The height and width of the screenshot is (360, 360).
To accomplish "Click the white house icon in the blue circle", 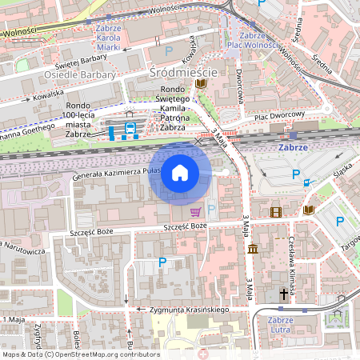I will pyautogui.click(x=180, y=172).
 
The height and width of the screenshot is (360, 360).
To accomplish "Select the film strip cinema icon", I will pyautogui.click(x=276, y=212).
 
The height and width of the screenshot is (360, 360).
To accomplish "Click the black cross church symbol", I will pyautogui.click(x=283, y=295).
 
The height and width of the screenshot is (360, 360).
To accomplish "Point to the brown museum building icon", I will pyautogui.click(x=253, y=250).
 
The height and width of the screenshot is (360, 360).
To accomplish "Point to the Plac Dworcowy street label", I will pyautogui.click(x=280, y=115).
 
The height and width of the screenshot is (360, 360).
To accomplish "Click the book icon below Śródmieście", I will pyautogui.click(x=201, y=83).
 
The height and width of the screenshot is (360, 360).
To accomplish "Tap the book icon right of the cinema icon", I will pyautogui.click(x=309, y=210).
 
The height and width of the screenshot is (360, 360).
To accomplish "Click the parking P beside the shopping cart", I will pyautogui.click(x=211, y=210).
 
